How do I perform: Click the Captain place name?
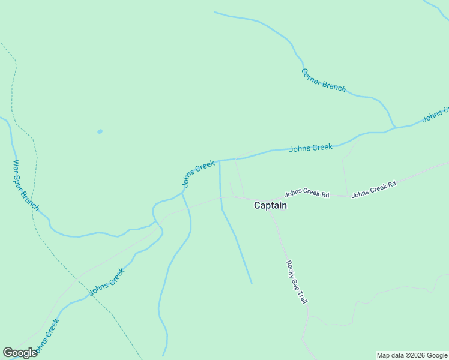(270, 205)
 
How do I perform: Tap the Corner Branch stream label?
(324, 80)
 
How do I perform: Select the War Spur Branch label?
(26, 185)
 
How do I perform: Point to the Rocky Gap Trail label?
(297, 281)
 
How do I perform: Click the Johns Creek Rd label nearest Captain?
(307, 194)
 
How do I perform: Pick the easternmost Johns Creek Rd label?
(373, 190)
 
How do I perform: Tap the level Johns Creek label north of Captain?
(310, 148)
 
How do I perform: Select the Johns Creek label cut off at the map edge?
(436, 114)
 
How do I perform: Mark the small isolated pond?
(100, 131)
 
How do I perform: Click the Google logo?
(20, 353)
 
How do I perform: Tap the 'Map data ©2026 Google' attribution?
(412, 355)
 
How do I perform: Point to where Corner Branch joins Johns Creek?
(394, 128)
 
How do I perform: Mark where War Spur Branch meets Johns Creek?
(157, 223)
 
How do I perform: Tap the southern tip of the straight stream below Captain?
(252, 283)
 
